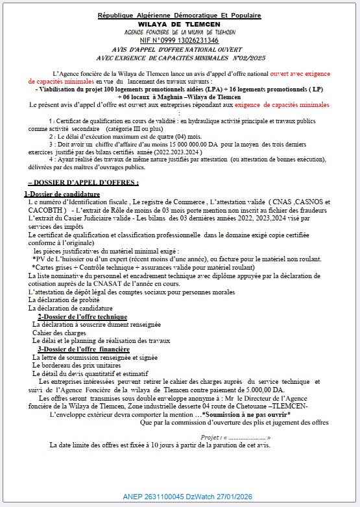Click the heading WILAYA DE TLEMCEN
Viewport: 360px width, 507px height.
[x=180, y=23]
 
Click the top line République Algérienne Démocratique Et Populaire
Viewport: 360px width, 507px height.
[x=180, y=15]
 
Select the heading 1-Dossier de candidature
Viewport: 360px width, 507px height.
[x=63, y=194]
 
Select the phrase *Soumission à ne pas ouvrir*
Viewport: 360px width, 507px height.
[x=246, y=414]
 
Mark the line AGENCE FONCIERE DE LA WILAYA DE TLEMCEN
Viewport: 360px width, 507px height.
[x=180, y=32]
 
